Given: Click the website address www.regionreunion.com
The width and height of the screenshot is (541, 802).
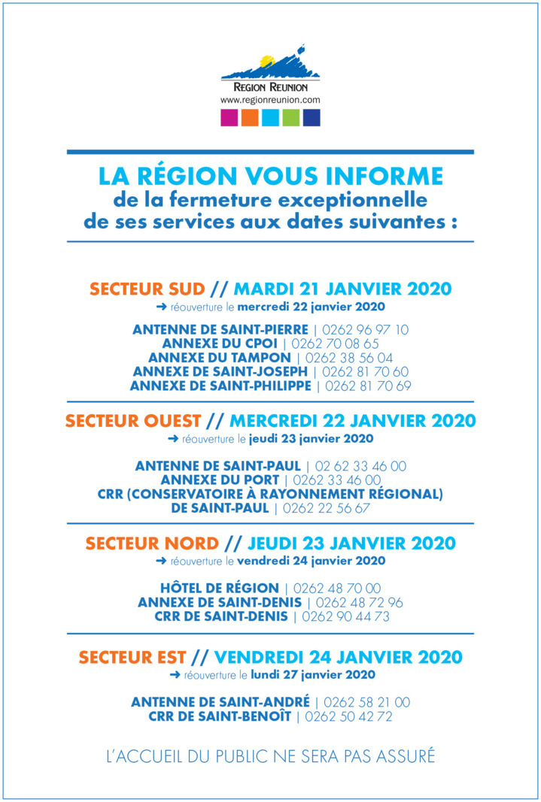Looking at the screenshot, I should [x=270, y=99].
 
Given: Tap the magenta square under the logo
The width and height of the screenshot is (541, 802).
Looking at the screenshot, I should [x=229, y=118].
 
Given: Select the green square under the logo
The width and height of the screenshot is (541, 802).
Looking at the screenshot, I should [x=291, y=118].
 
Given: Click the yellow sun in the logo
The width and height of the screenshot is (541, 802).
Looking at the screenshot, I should [x=266, y=61].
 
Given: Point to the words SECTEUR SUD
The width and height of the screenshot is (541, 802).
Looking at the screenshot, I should [x=147, y=289].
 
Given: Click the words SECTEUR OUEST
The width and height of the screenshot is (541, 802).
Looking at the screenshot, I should [x=133, y=421].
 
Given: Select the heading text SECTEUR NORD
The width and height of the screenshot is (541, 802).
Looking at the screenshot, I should [x=152, y=543].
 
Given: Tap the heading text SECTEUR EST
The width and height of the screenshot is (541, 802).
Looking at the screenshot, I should [x=132, y=657].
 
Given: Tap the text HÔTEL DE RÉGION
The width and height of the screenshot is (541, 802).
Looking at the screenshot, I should [x=218, y=589].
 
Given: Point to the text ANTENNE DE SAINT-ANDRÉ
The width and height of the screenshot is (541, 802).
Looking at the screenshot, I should [x=220, y=702].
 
